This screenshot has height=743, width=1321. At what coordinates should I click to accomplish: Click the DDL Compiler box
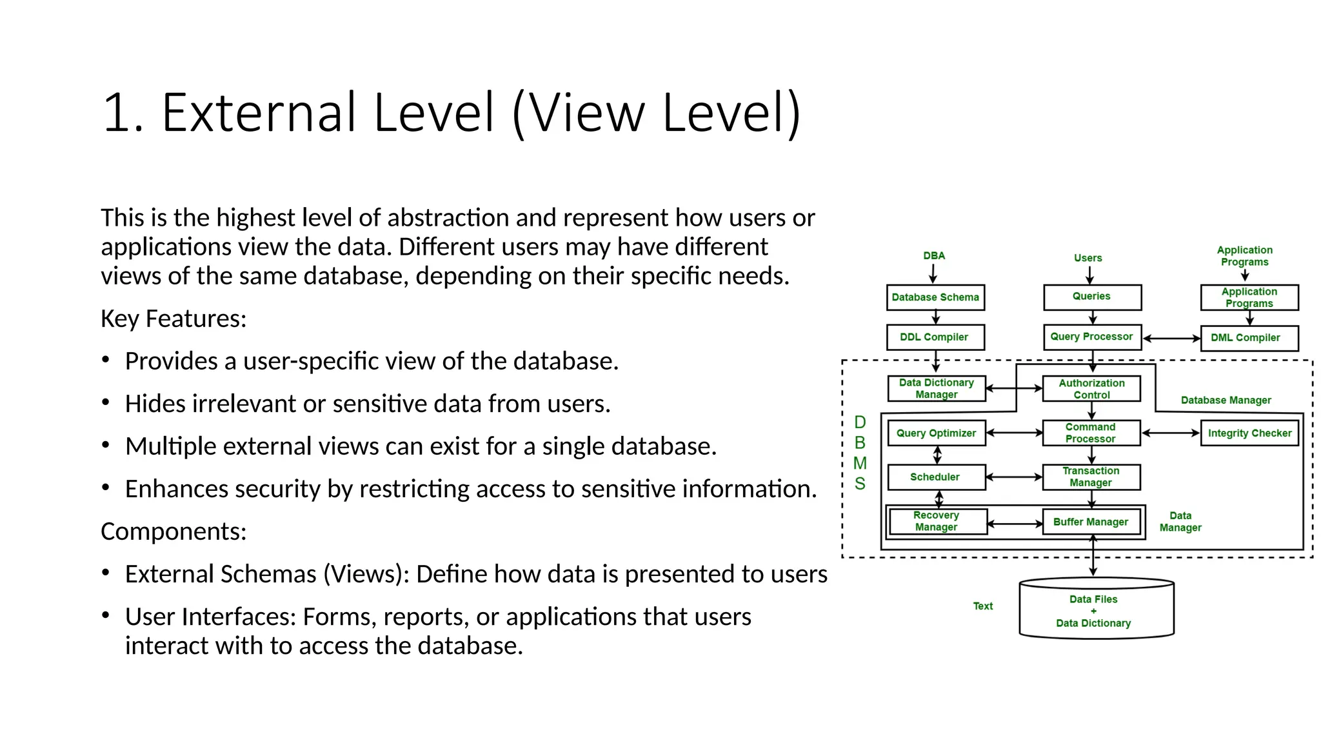935,337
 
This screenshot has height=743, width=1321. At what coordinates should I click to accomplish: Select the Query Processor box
1091,337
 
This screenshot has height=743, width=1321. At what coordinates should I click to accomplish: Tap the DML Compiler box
1249,338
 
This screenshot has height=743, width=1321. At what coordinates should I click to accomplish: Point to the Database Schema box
935,297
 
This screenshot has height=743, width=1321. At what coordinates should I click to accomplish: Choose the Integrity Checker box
1249,433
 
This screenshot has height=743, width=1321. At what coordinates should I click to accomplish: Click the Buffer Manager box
1091,522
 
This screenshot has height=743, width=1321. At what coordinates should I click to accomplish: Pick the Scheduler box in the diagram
936,477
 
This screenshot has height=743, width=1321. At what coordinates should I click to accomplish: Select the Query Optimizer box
936,433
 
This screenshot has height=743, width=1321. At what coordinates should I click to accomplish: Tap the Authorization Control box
1091,389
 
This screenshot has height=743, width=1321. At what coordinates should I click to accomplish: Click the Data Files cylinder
1095,610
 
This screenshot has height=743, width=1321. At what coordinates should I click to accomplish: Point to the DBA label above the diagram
934,256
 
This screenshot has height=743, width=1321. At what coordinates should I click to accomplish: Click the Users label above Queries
1088,258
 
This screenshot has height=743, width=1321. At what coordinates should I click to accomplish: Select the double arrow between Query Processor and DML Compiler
1171,338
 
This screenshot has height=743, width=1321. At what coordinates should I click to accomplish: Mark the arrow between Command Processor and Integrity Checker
1171,433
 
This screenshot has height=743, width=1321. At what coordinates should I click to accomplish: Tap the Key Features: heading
174,319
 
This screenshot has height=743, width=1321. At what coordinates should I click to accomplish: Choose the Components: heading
174,531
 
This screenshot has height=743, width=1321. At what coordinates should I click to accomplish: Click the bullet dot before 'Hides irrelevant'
106,402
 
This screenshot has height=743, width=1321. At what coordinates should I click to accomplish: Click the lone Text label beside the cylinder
982,606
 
